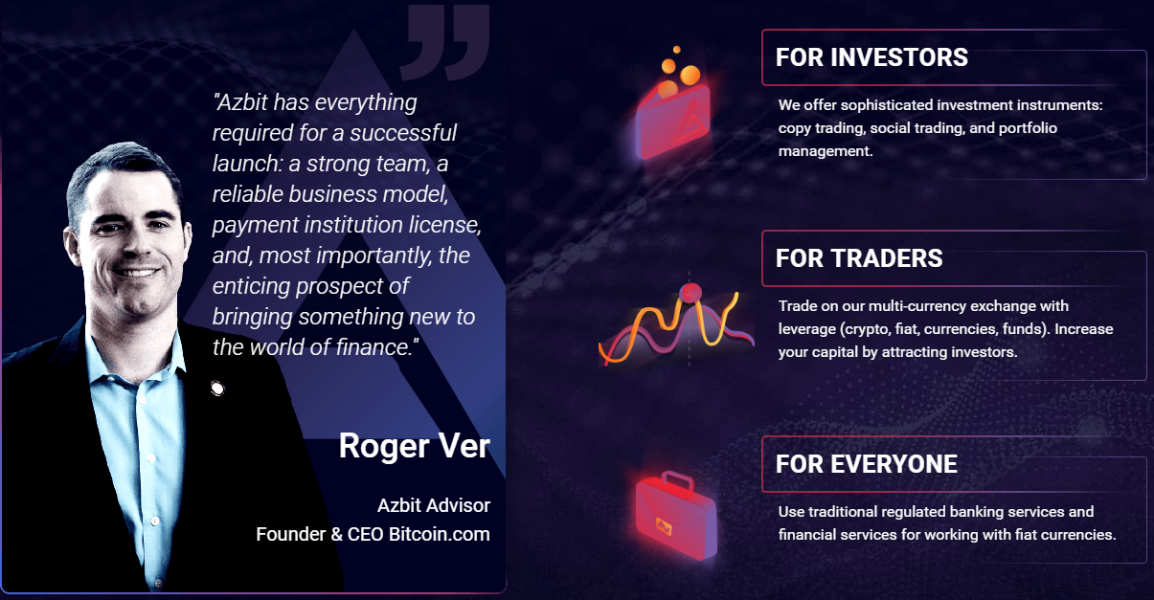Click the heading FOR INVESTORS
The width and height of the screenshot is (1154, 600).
tap(871, 57)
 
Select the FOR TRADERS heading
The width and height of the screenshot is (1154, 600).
tap(859, 258)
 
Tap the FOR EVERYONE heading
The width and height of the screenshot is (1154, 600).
tap(867, 464)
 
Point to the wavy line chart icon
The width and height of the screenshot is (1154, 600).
tap(676, 325)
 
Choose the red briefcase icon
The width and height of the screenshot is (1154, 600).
tap(675, 516)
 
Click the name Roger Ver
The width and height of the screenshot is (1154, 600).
tap(415, 446)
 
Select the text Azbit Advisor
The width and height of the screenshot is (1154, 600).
tap(434, 505)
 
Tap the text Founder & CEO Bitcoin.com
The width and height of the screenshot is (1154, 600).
tap(373, 534)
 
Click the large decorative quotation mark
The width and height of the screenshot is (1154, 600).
tap(445, 42)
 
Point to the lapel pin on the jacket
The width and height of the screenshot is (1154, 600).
tap(217, 388)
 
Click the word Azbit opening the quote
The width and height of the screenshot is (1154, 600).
tap(242, 102)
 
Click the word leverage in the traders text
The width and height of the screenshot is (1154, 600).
tap(806, 330)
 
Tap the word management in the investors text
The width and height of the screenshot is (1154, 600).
tap(826, 151)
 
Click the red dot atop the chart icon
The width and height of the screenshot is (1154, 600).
tap(690, 293)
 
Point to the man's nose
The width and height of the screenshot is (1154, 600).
tap(135, 245)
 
